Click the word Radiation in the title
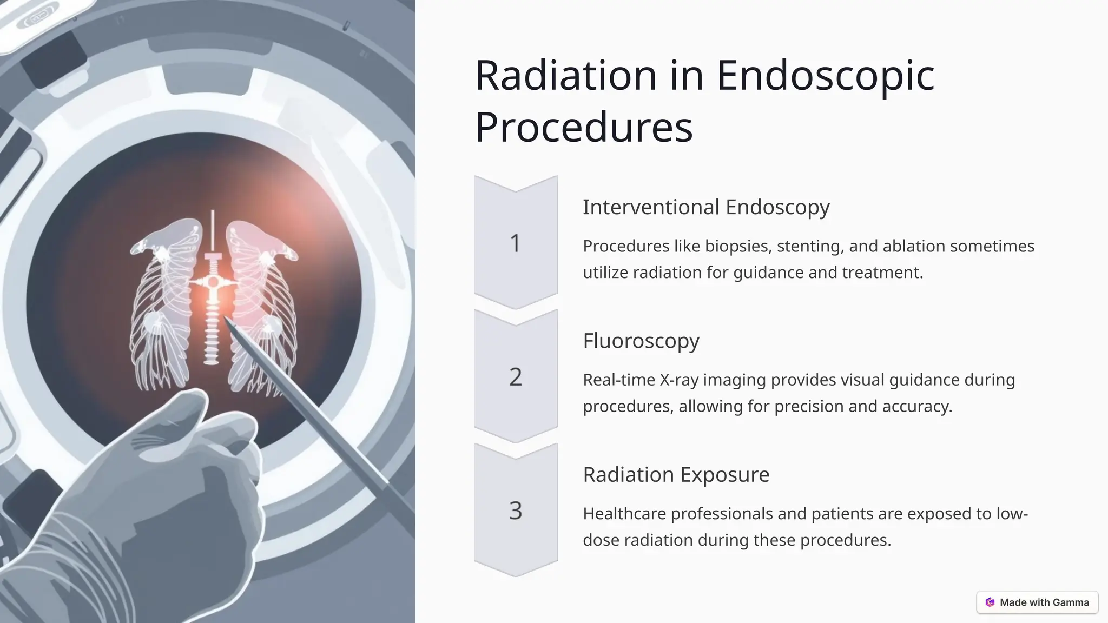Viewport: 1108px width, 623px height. click(x=565, y=75)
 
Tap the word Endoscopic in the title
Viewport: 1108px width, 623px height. click(x=826, y=75)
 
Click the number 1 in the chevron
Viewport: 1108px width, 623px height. click(x=515, y=243)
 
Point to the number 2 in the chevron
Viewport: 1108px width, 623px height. click(x=515, y=377)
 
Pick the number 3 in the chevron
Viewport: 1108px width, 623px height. click(x=515, y=511)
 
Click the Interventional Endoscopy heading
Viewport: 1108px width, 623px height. click(x=706, y=207)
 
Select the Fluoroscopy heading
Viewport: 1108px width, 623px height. click(x=641, y=341)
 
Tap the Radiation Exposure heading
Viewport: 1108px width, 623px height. click(x=676, y=474)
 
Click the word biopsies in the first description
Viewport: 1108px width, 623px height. click(x=737, y=247)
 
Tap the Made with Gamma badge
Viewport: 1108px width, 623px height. click(x=1037, y=602)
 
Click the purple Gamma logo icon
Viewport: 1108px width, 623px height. click(x=990, y=602)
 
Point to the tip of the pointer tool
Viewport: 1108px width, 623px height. click(x=226, y=320)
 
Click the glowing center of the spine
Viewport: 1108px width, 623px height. click(x=213, y=282)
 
